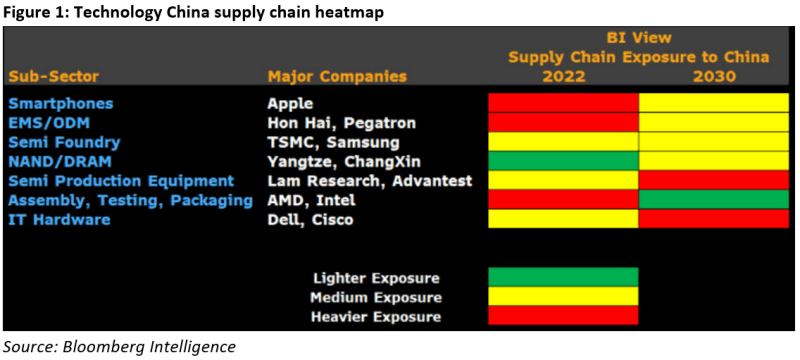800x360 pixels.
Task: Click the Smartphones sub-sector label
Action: (60, 103)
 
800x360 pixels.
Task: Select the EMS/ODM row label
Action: (50, 122)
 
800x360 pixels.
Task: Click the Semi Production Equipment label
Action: (120, 181)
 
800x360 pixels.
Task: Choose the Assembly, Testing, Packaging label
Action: (130, 200)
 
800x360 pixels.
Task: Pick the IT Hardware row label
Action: (59, 220)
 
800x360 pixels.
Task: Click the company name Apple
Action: (291, 103)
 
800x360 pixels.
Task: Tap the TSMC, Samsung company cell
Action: (326, 142)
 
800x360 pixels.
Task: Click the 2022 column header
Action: (563, 76)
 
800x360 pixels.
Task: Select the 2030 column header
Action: (714, 76)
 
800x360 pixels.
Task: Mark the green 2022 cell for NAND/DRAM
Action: (563, 161)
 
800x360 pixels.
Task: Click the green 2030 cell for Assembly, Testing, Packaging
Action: (714, 200)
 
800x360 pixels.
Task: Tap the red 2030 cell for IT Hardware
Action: (714, 220)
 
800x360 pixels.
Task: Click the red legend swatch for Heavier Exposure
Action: (563, 317)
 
